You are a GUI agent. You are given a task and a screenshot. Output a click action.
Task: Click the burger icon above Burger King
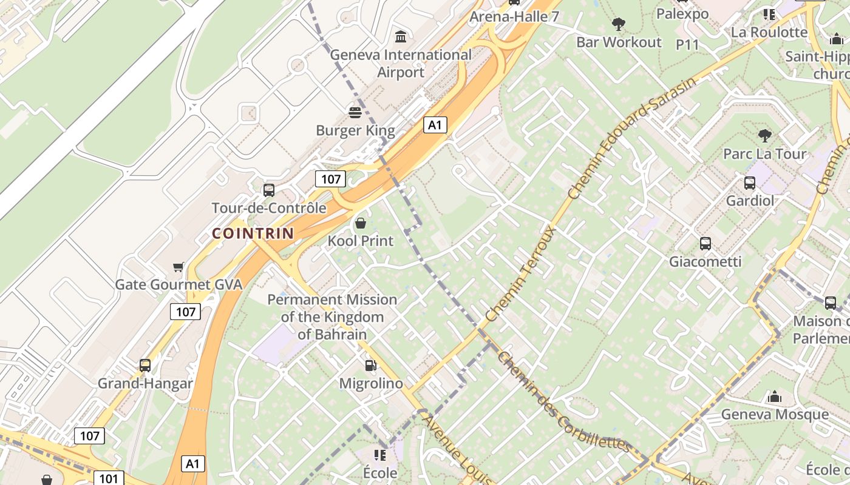click(355, 112)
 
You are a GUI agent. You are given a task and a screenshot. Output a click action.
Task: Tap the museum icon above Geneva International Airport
click(401, 37)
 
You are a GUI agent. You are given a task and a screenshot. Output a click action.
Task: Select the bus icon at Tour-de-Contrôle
click(269, 190)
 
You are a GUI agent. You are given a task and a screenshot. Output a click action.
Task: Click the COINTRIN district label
click(253, 233)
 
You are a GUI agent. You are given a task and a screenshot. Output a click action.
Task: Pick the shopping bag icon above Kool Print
click(361, 223)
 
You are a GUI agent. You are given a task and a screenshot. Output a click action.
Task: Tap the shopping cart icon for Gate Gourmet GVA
click(178, 267)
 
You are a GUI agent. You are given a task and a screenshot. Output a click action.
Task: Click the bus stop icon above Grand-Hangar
click(145, 365)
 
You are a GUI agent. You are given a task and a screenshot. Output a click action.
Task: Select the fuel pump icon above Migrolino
click(370, 365)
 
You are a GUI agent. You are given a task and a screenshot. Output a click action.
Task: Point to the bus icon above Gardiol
click(750, 182)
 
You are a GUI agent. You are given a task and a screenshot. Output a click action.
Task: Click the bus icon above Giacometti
click(705, 244)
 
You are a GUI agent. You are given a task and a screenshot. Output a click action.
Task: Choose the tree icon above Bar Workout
click(619, 24)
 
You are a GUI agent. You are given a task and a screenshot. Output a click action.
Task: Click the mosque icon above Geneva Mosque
click(775, 397)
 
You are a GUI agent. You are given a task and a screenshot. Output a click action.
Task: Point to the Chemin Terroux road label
click(522, 274)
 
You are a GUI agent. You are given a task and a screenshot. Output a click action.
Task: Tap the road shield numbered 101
click(109, 478)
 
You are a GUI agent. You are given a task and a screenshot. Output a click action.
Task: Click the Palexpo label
click(682, 13)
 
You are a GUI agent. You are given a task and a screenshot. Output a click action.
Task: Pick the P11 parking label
click(687, 44)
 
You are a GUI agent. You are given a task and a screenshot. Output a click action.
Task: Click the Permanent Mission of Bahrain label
click(332, 316)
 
